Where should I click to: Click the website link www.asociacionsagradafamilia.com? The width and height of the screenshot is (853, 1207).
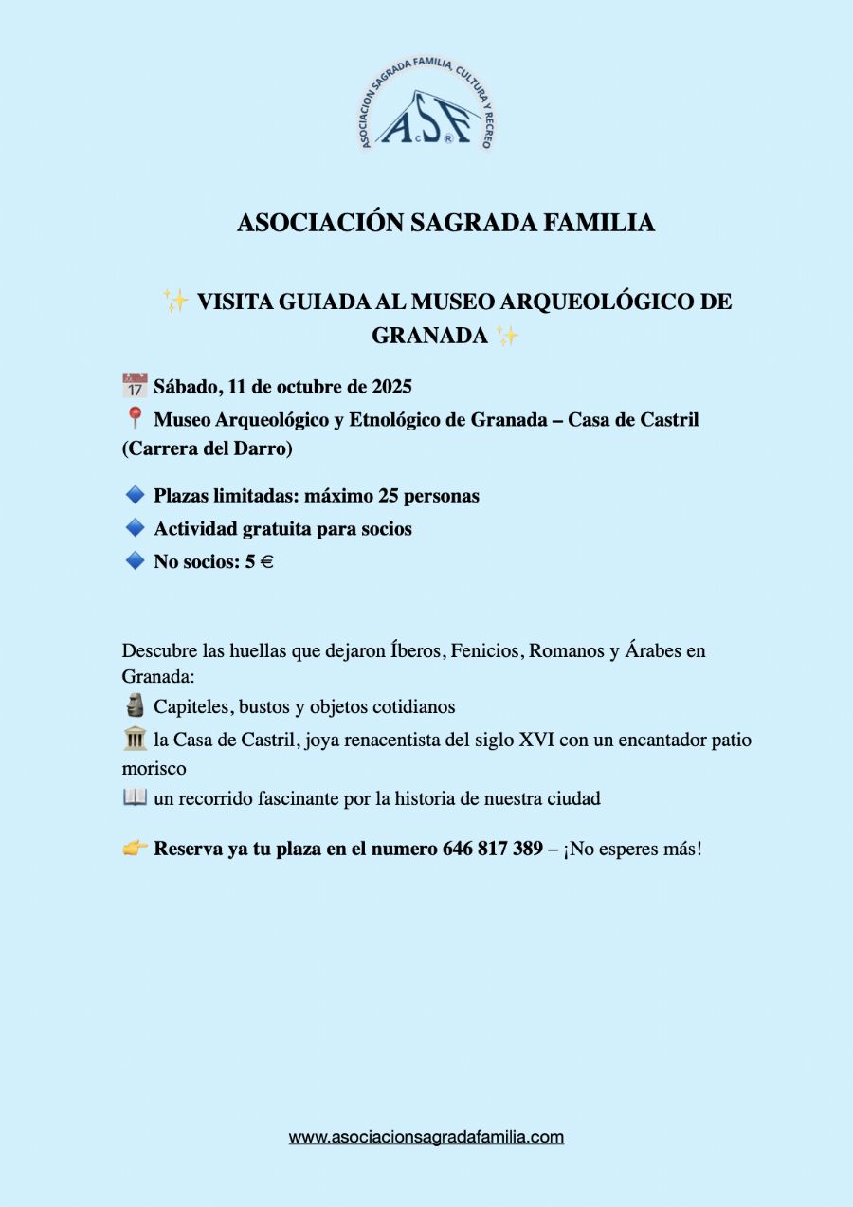coord(426,1137)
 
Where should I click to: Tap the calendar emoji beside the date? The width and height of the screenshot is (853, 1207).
coord(135,386)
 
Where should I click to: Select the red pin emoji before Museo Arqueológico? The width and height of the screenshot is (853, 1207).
coord(135,418)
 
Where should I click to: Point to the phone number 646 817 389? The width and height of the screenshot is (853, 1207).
coord(493,849)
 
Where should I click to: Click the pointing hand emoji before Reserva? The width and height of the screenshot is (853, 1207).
coord(136,849)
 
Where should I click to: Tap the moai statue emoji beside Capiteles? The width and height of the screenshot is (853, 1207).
coord(135,706)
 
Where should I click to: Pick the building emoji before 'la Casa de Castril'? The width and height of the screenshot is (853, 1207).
coord(135,739)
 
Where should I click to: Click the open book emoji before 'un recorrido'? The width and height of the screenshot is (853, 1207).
coord(135,797)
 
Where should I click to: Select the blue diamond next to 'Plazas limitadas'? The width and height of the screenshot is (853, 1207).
coord(135,495)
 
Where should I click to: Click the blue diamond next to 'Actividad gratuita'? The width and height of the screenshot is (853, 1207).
coord(135,528)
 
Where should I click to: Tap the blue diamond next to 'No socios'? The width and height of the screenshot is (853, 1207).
coord(135,561)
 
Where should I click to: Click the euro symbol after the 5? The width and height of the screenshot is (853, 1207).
coord(266,562)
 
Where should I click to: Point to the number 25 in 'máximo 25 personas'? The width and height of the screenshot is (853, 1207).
coord(390,496)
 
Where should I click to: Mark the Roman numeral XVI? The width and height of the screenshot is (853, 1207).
coord(536,740)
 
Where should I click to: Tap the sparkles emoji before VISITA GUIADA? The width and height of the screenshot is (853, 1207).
coord(176,302)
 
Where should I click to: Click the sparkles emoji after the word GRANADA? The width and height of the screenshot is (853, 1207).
coord(508,335)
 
